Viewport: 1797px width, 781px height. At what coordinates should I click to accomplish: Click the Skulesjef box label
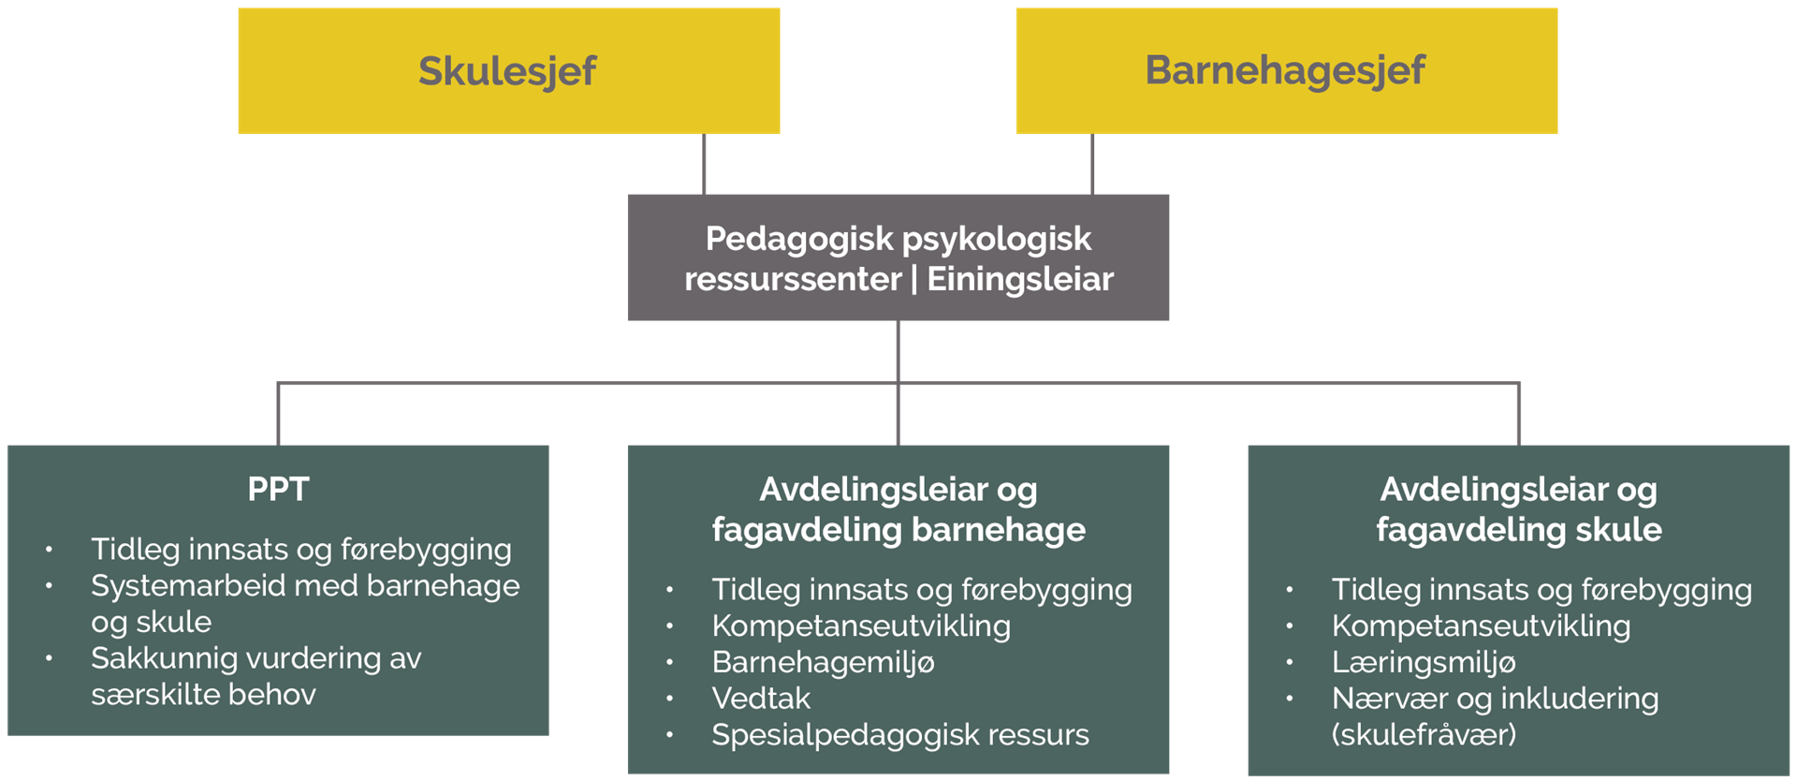pos(507,71)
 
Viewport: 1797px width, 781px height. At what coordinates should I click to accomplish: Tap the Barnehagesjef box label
pos(1285,70)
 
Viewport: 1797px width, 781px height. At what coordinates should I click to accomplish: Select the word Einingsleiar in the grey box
pos(1020,279)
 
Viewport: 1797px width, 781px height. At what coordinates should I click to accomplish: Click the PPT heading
pos(278,489)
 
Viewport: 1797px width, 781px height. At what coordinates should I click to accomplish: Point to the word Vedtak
pos(761,698)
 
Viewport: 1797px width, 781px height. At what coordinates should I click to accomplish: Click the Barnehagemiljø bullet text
pos(823,662)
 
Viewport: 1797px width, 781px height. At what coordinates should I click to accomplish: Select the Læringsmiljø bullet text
pos(1424,662)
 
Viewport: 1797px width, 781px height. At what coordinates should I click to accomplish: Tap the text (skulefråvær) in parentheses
pos(1424,734)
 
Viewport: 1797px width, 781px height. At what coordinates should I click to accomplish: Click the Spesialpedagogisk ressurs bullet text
pos(900,735)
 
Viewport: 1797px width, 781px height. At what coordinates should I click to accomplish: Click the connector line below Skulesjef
pos(704,164)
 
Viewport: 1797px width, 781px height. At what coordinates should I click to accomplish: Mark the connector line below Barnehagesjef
pos(1092,164)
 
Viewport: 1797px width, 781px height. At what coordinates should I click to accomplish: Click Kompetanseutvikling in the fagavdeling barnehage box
pos(861,626)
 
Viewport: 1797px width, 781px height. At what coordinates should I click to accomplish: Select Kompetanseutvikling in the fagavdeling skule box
pos(1482,626)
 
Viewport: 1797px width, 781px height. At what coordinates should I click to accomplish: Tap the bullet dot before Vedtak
pos(670,699)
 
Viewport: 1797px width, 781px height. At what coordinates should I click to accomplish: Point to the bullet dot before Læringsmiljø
pos(1290,662)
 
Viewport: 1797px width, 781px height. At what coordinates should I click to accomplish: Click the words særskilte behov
pos(203,695)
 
